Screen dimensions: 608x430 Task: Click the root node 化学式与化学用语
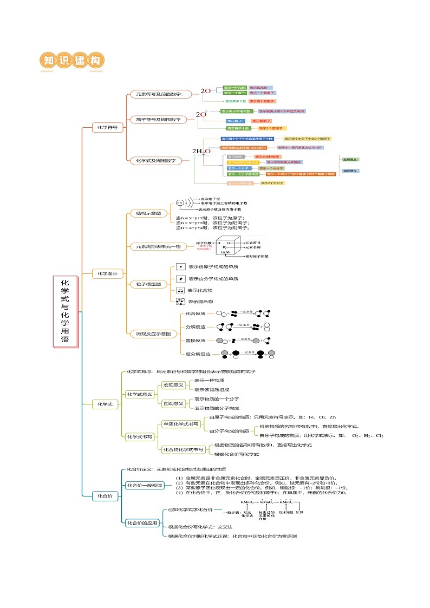tap(65, 312)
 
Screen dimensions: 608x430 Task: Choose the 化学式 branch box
tap(105, 404)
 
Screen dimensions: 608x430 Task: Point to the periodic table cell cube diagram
tap(231, 246)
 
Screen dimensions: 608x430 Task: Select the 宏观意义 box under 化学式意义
tap(174, 385)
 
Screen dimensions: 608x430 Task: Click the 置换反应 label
tap(196, 341)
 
